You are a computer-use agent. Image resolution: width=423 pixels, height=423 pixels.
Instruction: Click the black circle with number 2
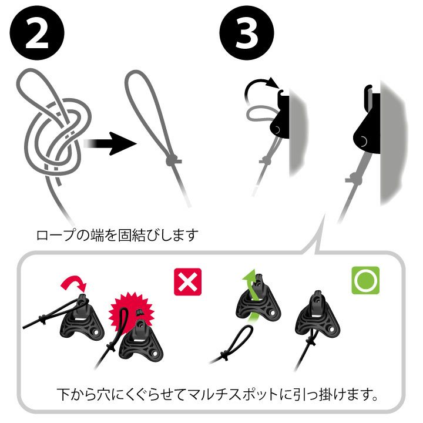click(37, 33)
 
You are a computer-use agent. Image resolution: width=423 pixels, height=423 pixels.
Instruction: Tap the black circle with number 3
click(247, 33)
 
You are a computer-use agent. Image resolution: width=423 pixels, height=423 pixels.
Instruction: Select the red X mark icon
click(188, 282)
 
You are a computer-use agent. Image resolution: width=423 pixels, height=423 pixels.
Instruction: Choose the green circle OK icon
click(365, 281)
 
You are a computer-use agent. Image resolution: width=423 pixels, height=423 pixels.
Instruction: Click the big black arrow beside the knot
click(110, 143)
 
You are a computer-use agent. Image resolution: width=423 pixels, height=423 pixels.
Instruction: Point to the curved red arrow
click(73, 284)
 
